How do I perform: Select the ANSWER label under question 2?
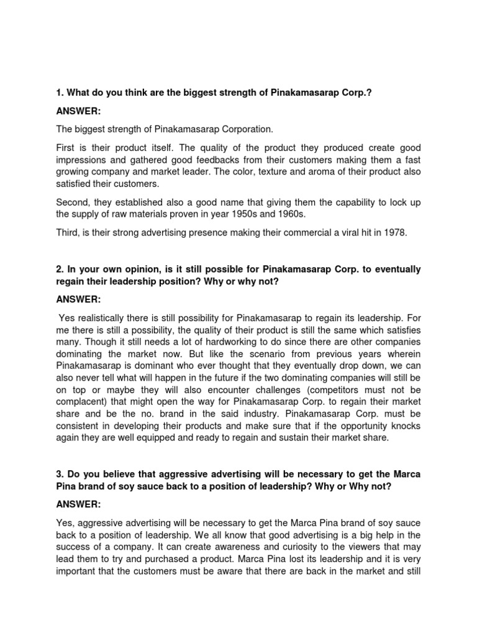pyautogui.click(x=79, y=298)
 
